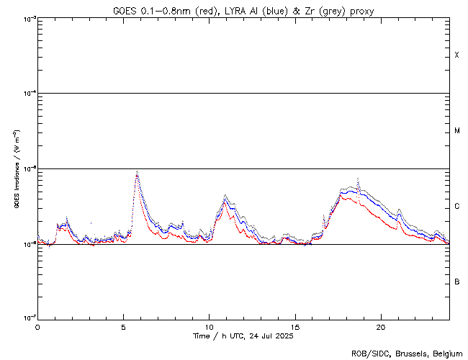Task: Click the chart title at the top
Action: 243,11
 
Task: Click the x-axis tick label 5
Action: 123,326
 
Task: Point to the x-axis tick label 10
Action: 209,326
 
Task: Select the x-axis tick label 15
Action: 294,326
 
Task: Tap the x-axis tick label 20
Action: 380,326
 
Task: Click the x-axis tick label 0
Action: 37,326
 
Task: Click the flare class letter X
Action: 457,55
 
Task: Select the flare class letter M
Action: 457,131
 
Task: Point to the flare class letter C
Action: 457,207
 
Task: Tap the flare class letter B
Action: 457,282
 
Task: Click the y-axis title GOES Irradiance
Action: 16,169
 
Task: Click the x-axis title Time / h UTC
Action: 243,336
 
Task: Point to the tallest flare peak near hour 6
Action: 137,173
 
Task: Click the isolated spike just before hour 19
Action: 359,179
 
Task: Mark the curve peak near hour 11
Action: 225,196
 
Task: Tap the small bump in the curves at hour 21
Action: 399,210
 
